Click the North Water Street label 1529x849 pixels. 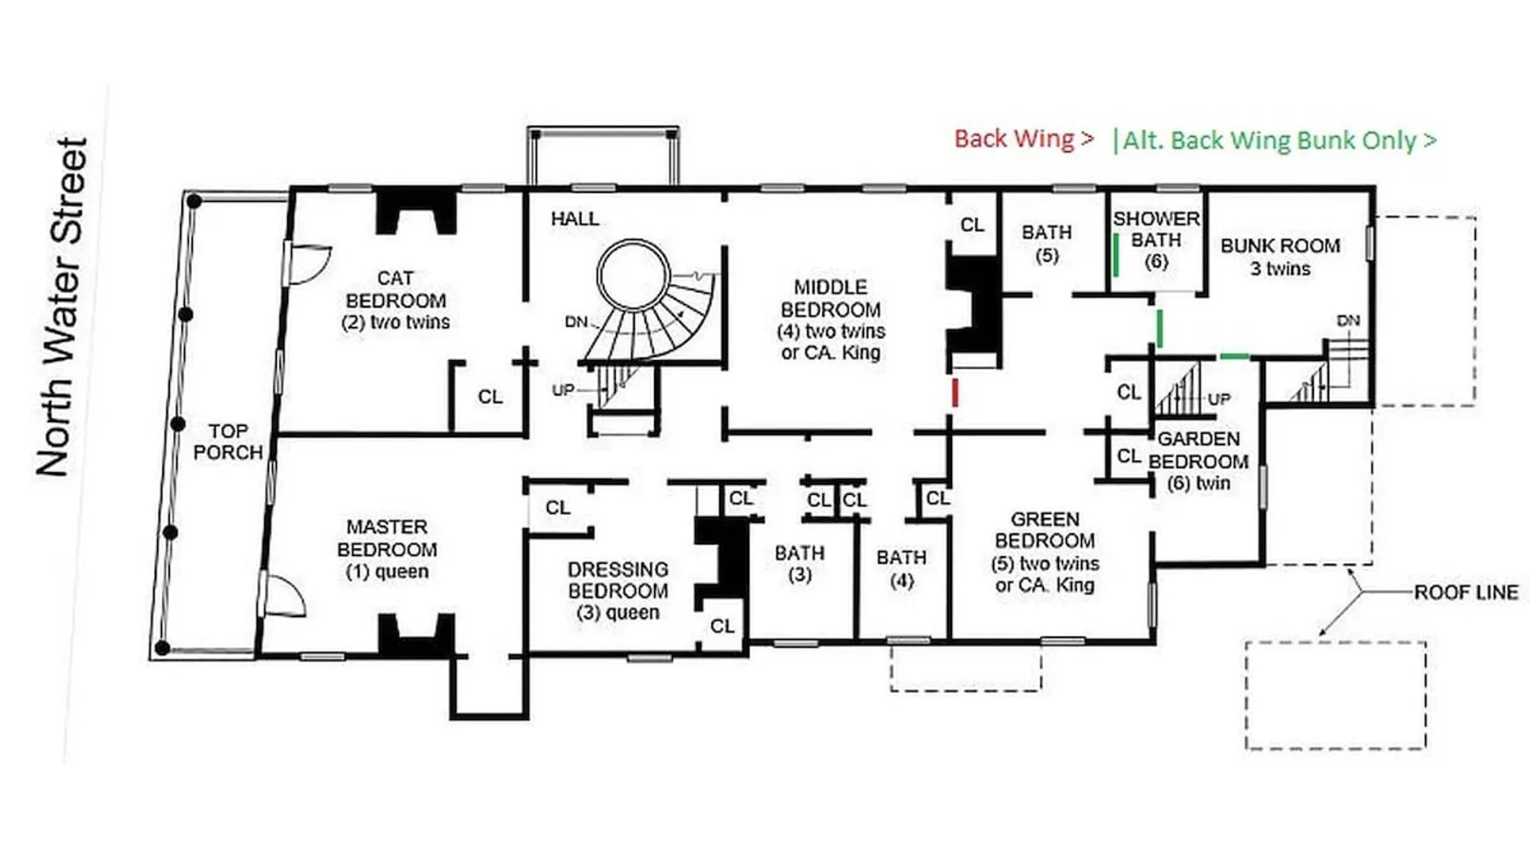pyautogui.click(x=62, y=306)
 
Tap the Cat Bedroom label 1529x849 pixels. pyautogui.click(x=396, y=300)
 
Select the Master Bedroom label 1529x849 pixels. pyautogui.click(x=387, y=549)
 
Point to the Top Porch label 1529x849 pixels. pyautogui.click(x=228, y=441)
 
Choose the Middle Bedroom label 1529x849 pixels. pyautogui.click(x=831, y=320)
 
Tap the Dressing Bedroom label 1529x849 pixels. pyautogui.click(x=618, y=591)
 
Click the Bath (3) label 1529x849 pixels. pyautogui.click(x=799, y=564)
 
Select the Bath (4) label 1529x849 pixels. pyautogui.click(x=901, y=569)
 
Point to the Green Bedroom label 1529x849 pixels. pyautogui.click(x=1045, y=552)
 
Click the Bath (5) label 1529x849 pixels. pyautogui.click(x=1047, y=244)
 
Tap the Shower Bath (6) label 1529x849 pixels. pyautogui.click(x=1156, y=240)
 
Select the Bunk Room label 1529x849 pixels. pyautogui.click(x=1280, y=256)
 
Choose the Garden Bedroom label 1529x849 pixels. pyautogui.click(x=1199, y=461)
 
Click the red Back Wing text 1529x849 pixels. pyautogui.click(x=1024, y=138)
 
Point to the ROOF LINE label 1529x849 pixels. pyautogui.click(x=1466, y=593)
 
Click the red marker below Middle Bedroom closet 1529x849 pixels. pyautogui.click(x=956, y=392)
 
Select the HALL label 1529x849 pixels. pyautogui.click(x=575, y=219)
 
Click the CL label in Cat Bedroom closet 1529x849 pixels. pyautogui.click(x=490, y=396)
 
